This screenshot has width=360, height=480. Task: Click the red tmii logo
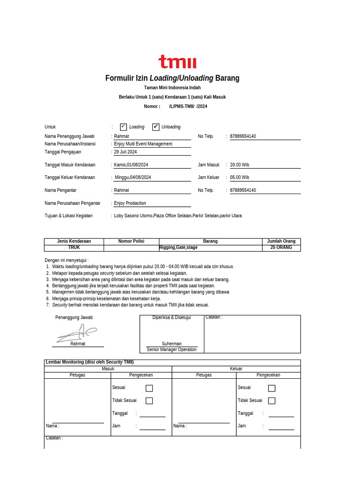tap(177, 62)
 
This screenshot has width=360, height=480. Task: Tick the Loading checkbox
tap(123, 127)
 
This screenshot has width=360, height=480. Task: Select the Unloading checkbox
tap(156, 127)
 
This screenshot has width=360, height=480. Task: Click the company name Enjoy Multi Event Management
tap(143, 144)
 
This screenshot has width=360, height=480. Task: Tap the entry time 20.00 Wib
tap(240, 165)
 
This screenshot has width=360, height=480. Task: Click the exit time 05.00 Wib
tap(240, 178)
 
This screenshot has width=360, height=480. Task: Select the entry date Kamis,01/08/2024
tap(131, 165)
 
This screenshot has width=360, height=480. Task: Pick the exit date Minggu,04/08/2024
tap(133, 178)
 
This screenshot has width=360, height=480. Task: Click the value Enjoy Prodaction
tap(130, 203)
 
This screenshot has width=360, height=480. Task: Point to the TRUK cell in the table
tap(74, 247)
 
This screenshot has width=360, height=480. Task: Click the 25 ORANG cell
tap(281, 247)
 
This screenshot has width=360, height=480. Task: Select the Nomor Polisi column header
tap(131, 241)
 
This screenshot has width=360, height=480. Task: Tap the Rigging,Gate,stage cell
tap(179, 247)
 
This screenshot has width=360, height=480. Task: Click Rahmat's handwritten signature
tap(77, 333)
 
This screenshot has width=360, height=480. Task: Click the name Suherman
tap(172, 344)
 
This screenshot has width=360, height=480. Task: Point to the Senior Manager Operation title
tap(172, 350)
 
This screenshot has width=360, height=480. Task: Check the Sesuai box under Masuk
tap(149, 388)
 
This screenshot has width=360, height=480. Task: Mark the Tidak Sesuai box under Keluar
tap(271, 401)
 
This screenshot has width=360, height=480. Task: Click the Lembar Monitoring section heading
tap(89, 362)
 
